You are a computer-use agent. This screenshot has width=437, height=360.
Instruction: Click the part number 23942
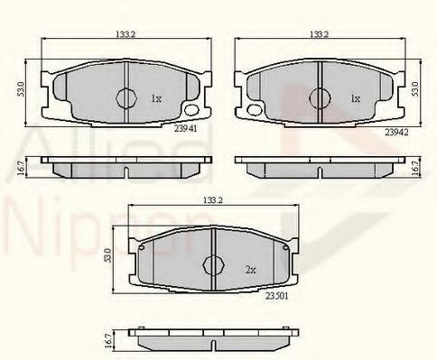[x=396, y=132]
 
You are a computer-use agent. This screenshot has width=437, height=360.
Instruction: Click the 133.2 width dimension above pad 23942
[x=318, y=34]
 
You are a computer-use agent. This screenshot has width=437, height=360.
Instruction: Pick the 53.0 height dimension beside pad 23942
[x=416, y=90]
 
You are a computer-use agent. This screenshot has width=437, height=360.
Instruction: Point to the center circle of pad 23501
[x=213, y=264]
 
